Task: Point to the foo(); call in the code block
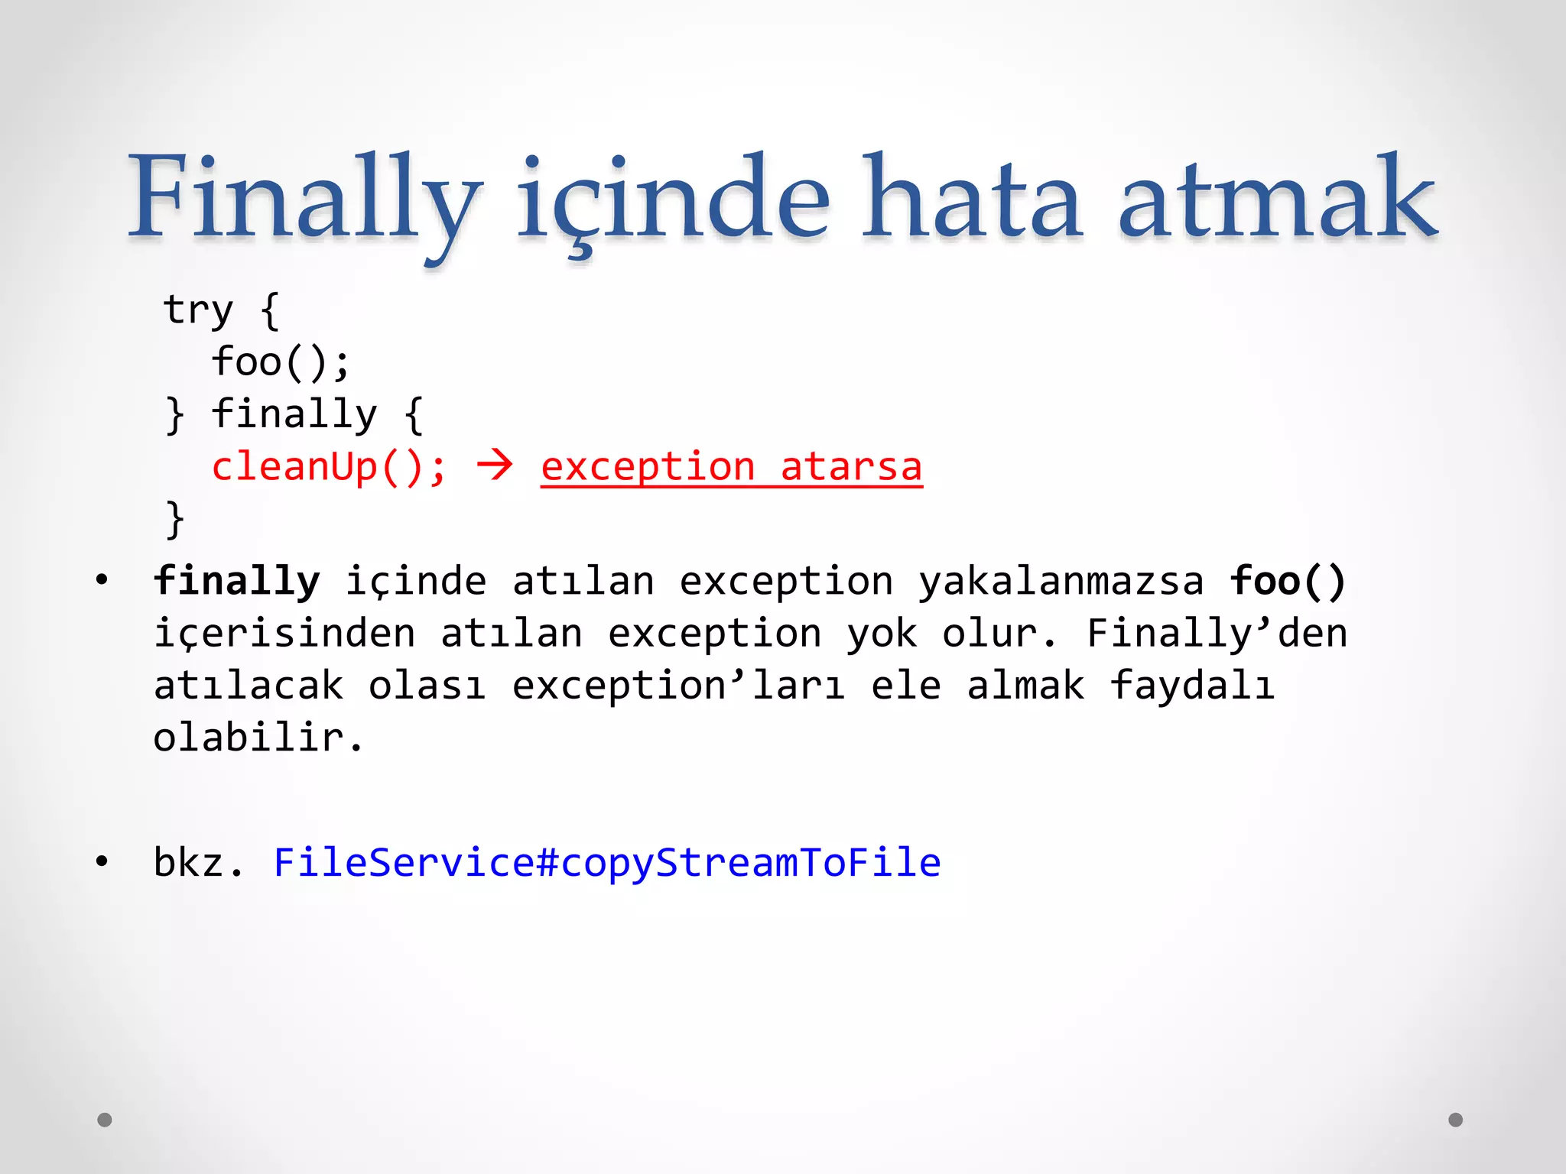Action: click(281, 362)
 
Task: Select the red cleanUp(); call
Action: click(329, 467)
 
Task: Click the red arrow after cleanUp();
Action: click(494, 465)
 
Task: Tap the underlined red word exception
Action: click(648, 467)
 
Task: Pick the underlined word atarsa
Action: click(851, 467)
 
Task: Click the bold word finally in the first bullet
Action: click(237, 581)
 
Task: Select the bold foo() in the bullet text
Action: click(1287, 581)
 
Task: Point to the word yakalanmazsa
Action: click(1061, 581)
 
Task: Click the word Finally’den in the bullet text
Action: click(1217, 634)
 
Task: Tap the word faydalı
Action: click(1192, 686)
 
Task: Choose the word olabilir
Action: click(258, 738)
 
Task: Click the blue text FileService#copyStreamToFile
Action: click(607, 863)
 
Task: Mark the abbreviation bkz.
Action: click(198, 863)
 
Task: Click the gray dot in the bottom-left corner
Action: click(105, 1120)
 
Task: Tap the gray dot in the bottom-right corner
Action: click(1456, 1120)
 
